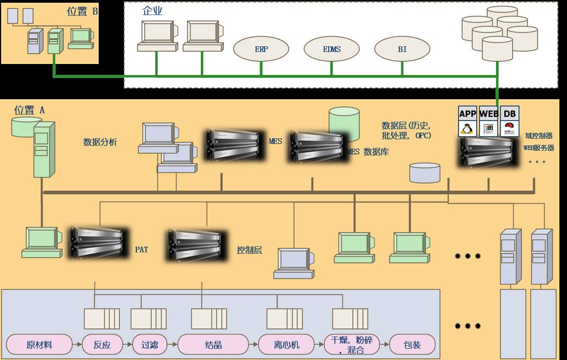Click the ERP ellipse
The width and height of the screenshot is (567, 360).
pyautogui.click(x=261, y=49)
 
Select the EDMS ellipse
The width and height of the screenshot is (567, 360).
pyautogui.click(x=331, y=49)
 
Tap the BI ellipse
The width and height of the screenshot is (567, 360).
pyautogui.click(x=402, y=49)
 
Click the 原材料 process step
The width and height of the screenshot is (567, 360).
pyautogui.click(x=39, y=344)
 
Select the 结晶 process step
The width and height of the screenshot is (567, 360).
pyautogui.click(x=213, y=344)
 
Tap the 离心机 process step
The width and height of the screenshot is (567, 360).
pyautogui.click(x=286, y=344)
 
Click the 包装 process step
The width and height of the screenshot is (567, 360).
pyautogui.click(x=412, y=344)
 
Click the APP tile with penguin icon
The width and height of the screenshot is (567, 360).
pyautogui.click(x=467, y=121)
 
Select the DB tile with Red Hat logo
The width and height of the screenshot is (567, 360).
pyautogui.click(x=510, y=121)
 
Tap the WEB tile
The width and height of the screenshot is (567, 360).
pyautogui.click(x=489, y=121)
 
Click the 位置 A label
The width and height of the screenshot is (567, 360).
pyautogui.click(x=29, y=110)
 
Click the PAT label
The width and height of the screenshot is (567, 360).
pyautogui.click(x=141, y=250)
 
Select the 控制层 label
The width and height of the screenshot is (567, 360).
pyautogui.click(x=249, y=250)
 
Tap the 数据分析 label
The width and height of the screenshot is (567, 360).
pyautogui.click(x=100, y=142)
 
